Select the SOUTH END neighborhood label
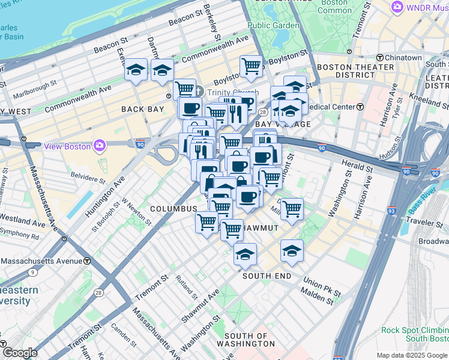pyautogui.click(x=267, y=276)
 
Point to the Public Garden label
pyautogui.click(x=273, y=25)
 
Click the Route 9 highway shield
pyautogui.click(x=31, y=272)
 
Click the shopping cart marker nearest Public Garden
pyautogui.click(x=251, y=67)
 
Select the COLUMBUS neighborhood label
pyautogui.click(x=173, y=208)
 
